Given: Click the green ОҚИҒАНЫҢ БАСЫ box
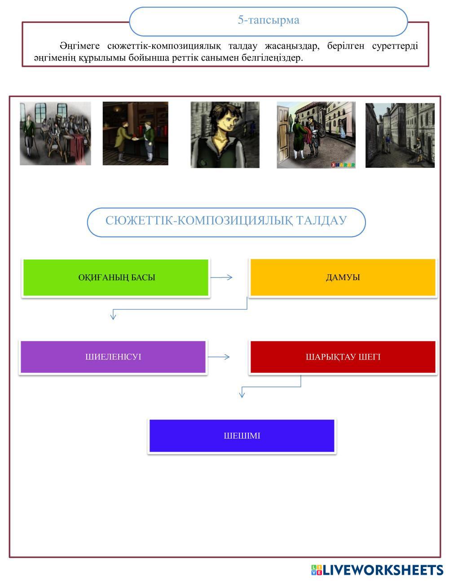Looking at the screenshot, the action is tap(116, 277).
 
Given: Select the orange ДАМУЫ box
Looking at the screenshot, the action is tap(343, 277).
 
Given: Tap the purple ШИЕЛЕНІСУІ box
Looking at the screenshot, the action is tap(113, 357).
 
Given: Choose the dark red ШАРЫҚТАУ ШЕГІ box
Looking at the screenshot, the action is tap(343, 357).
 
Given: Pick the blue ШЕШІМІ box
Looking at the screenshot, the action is tap(242, 436).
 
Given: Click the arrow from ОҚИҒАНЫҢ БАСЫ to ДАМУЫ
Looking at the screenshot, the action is tap(221, 277).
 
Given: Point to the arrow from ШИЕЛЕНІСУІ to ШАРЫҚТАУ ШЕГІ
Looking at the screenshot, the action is tap(219, 357).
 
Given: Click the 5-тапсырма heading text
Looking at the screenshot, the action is tap(269, 20).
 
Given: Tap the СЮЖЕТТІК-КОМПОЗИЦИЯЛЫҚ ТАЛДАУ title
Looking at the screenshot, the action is tap(226, 221).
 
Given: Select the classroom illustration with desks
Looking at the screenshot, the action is tap(55, 133).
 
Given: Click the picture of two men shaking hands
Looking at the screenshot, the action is tap(135, 133).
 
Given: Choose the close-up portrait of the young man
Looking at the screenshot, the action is tap(225, 135).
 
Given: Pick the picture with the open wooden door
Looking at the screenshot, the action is tap(316, 135).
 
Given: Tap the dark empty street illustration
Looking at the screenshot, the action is tap(400, 135).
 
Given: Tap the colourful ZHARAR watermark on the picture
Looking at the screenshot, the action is tap(343, 165).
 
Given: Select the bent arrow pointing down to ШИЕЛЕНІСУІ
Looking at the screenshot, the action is tap(180, 309).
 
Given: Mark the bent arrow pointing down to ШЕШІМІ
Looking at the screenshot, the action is tap(271, 387).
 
